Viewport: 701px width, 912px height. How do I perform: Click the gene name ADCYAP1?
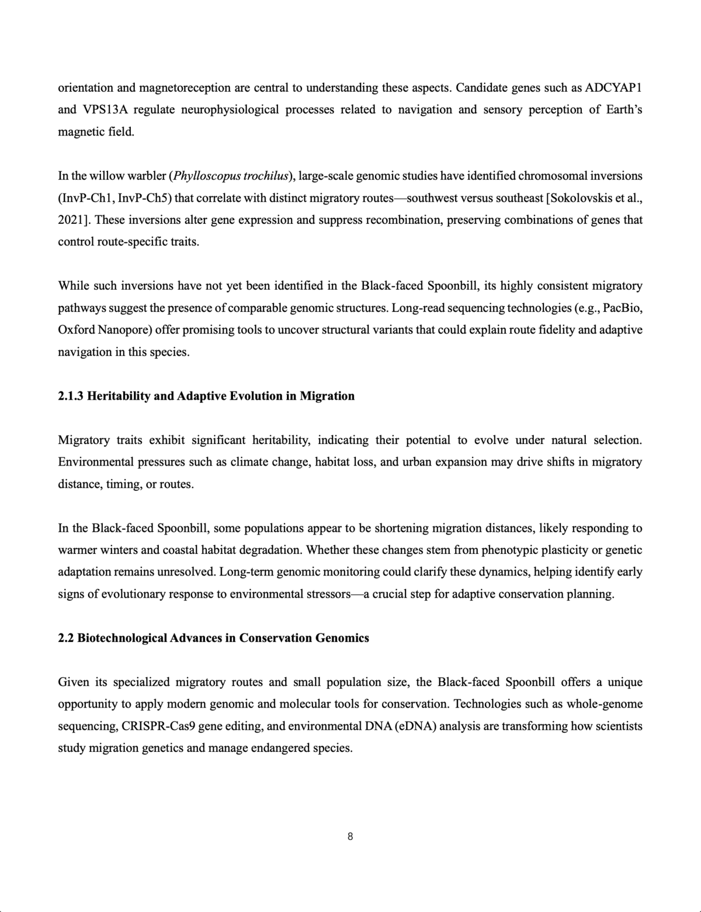pyautogui.click(x=613, y=88)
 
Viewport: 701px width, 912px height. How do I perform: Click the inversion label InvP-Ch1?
pyautogui.click(x=88, y=198)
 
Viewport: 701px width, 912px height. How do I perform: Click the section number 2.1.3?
pyautogui.click(x=71, y=396)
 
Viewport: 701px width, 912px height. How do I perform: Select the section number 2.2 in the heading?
pyautogui.click(x=66, y=638)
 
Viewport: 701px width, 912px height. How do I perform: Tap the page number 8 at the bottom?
pyautogui.click(x=350, y=837)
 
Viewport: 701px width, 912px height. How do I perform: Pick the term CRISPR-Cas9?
pyautogui.click(x=158, y=726)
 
